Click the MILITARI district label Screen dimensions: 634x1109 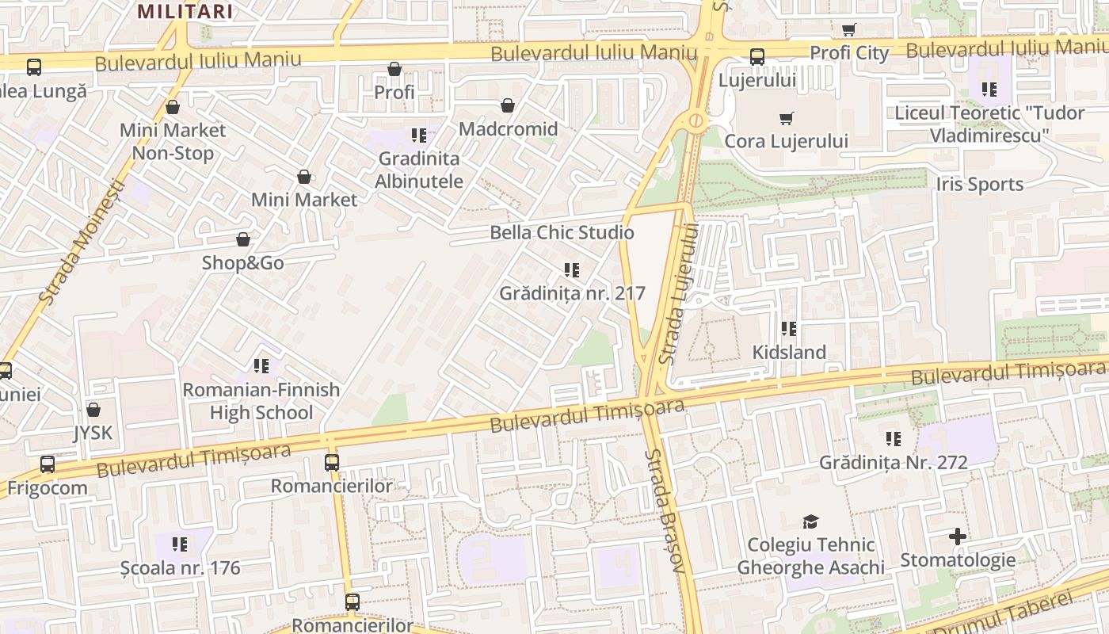[185, 11]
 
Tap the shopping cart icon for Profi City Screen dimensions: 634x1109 [848, 30]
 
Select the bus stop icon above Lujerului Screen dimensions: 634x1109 [757, 57]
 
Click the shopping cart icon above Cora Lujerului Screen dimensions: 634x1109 [786, 119]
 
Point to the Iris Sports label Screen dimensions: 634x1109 [979, 185]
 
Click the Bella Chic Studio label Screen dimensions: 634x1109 [562, 232]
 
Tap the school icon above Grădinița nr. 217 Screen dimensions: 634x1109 [572, 270]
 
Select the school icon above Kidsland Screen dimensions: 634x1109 [788, 328]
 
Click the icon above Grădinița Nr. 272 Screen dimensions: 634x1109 [893, 438]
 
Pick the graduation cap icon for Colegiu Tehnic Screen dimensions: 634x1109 [810, 521]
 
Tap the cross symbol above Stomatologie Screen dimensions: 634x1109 [957, 537]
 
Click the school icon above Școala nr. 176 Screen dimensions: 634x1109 [180, 544]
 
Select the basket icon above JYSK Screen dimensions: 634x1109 [93, 410]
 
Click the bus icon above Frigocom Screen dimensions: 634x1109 [48, 464]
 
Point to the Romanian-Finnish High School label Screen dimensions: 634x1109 [261, 401]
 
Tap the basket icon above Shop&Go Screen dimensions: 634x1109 [243, 239]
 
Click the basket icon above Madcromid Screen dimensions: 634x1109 [508, 105]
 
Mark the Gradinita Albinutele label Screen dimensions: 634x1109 [419, 170]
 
